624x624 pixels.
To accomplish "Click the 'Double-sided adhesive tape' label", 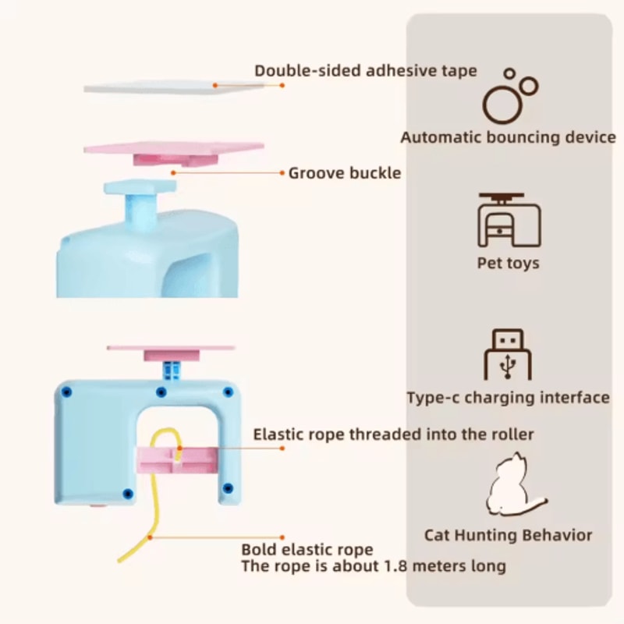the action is (365, 71).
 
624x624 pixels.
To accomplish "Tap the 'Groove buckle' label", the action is (345, 173).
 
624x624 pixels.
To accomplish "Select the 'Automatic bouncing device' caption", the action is (509, 137).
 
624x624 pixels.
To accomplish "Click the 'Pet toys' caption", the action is (509, 263).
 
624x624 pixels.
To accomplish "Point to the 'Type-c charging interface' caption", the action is (509, 397).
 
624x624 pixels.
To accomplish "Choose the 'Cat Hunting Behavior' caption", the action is (509, 535).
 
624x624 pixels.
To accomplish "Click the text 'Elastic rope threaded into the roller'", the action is (393, 434).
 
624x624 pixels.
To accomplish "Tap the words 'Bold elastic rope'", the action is (307, 550).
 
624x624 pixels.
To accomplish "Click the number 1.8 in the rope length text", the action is (395, 566).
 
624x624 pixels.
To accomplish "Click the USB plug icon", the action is (508, 354).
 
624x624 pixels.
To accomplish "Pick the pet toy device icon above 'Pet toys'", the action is (509, 220).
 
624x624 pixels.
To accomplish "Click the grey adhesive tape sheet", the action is (175, 87).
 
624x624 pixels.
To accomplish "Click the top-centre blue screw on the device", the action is (161, 392).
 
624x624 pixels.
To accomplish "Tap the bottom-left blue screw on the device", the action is (128, 494).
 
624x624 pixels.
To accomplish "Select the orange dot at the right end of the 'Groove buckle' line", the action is (282, 172).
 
